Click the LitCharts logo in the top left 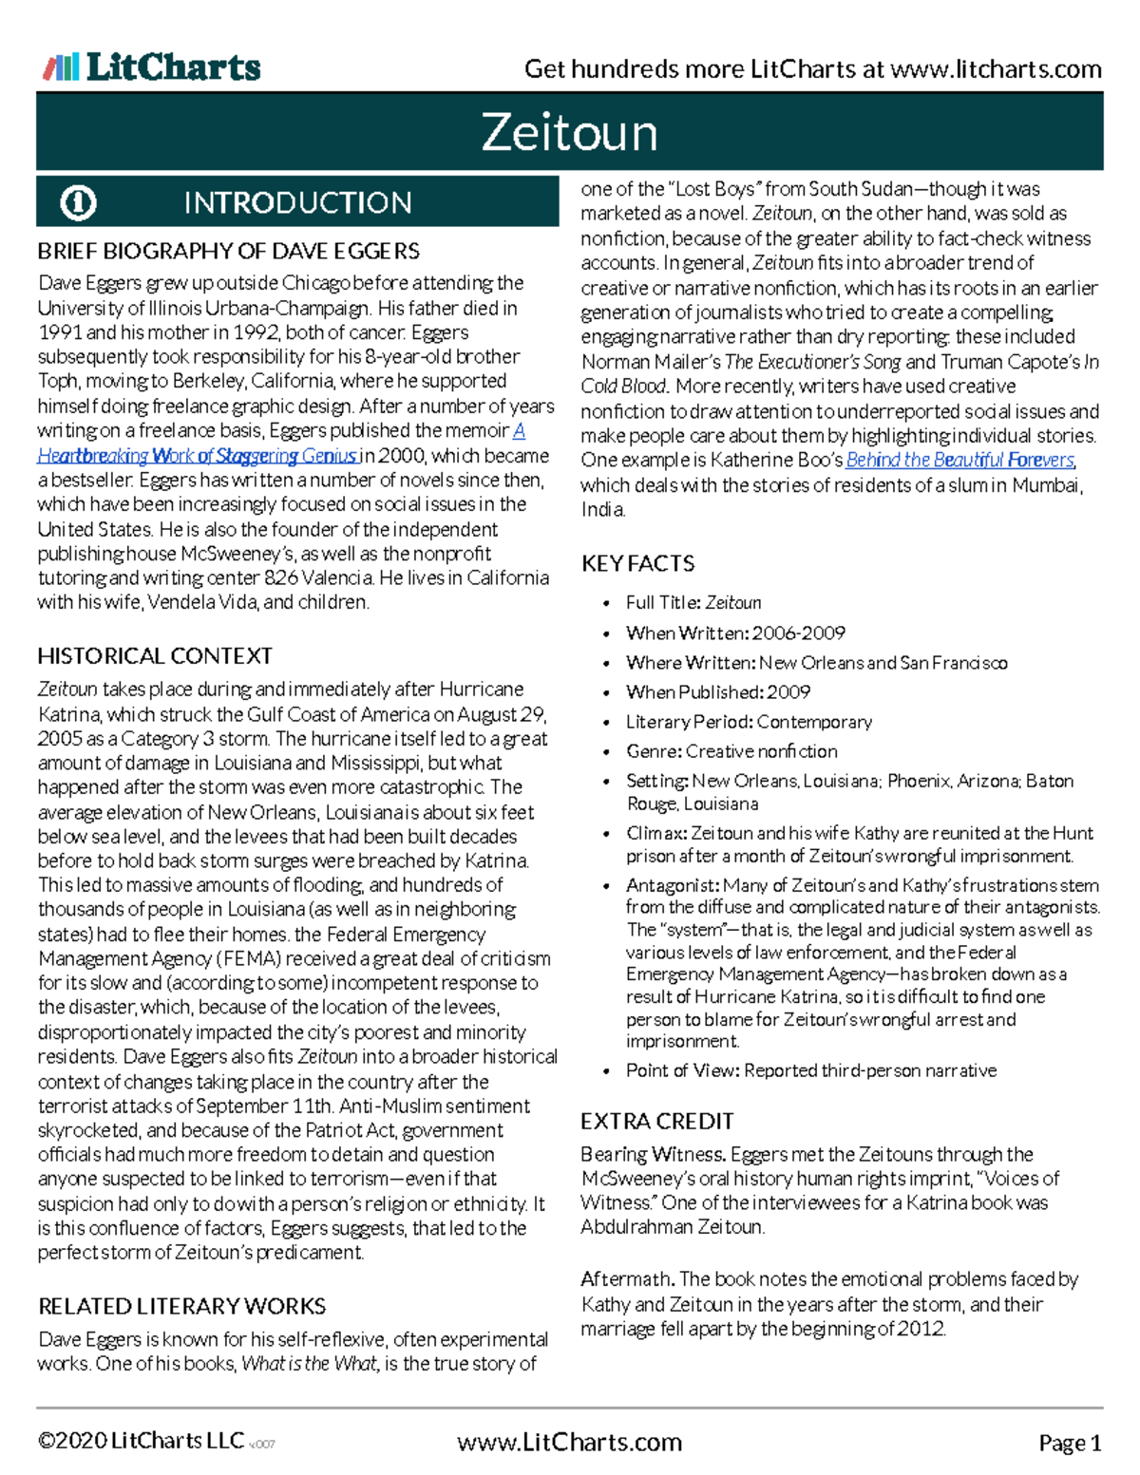pos(152,67)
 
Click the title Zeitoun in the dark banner pos(569,132)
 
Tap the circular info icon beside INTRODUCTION pos(78,202)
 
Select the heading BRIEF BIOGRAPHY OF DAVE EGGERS pos(228,252)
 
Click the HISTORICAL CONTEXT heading pos(155,656)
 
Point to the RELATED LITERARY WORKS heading pos(181,1306)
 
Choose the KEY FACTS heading pos(637,563)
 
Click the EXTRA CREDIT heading pos(656,1122)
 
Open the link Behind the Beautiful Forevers pos(959,460)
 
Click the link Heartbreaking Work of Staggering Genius pos(198,456)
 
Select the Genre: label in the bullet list pos(654,751)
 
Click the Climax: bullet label pos(656,833)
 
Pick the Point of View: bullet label pos(682,1070)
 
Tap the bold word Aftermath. pos(628,1279)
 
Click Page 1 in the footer pos(1070,1443)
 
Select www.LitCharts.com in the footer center pos(569,1443)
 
